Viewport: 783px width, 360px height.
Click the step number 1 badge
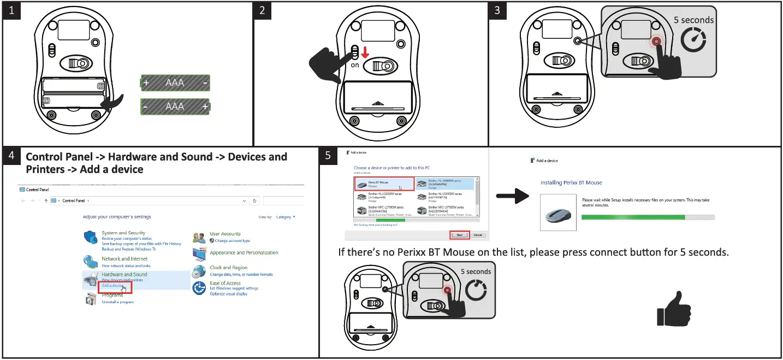tap(11, 11)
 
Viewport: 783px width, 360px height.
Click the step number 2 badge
tap(263, 11)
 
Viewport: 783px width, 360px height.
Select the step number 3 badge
tap(496, 11)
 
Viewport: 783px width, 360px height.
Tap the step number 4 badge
tap(11, 156)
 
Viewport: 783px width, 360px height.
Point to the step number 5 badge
tap(328, 156)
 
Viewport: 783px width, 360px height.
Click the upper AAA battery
tap(175, 83)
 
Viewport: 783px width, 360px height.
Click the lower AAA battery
tap(175, 107)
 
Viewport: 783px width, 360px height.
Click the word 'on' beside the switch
tap(355, 65)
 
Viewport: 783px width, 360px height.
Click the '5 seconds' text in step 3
tap(693, 20)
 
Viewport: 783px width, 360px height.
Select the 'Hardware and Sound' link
tap(124, 274)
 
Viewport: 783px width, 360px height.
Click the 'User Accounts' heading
tap(225, 234)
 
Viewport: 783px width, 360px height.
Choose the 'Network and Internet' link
tap(124, 259)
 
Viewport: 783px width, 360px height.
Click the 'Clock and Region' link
tap(228, 268)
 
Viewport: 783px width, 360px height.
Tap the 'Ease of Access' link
tap(225, 283)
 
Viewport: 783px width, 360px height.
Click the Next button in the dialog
tap(459, 235)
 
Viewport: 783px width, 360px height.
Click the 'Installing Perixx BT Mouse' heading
tap(571, 182)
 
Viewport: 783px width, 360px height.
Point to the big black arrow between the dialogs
tap(513, 196)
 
